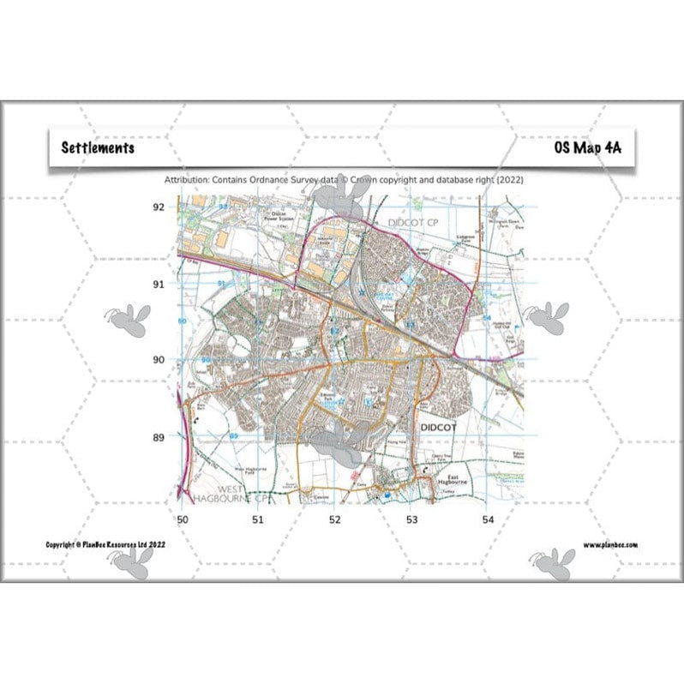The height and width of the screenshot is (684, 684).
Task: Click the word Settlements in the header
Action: tap(98, 147)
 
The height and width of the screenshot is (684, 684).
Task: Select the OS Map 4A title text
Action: tap(587, 147)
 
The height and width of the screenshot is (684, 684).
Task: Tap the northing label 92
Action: tap(158, 207)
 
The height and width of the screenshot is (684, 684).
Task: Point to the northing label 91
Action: tap(158, 284)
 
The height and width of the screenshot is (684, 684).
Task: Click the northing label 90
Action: tap(158, 360)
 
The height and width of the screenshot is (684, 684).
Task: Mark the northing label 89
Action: tap(158, 438)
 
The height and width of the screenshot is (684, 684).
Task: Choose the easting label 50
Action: tap(181, 519)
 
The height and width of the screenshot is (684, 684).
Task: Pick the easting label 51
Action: tap(257, 519)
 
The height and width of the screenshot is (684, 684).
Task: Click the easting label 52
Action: tap(334, 519)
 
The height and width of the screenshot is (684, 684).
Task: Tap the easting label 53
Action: tap(411, 519)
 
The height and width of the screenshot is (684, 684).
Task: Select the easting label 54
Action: tap(488, 519)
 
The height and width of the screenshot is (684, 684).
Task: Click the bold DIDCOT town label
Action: tap(442, 425)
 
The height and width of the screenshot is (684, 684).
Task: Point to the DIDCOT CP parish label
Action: tap(413, 223)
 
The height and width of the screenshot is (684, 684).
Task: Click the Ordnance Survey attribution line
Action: tap(343, 180)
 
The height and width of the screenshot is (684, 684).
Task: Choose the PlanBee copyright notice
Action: tap(107, 544)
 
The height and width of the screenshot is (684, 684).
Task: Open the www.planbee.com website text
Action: tap(610, 544)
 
